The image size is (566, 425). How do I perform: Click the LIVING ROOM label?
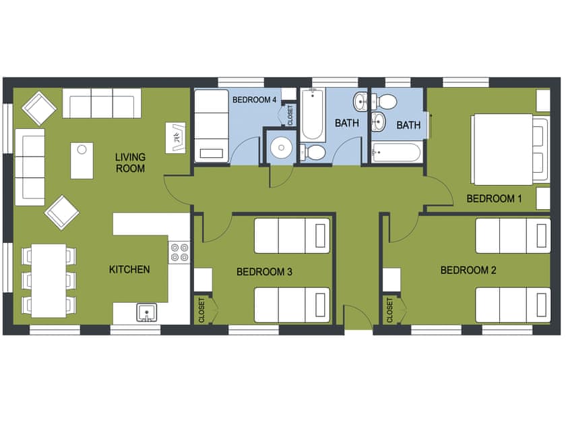130,163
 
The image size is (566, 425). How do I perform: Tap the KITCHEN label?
129,270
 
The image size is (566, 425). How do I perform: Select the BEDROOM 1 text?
495,198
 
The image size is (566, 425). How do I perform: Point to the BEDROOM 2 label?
468,271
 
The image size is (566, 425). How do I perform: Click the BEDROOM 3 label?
264,272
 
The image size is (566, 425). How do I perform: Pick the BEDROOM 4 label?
254,100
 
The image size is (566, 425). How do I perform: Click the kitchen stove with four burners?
180,252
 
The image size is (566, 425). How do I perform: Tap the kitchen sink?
146,313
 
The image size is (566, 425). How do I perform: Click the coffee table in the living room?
82,161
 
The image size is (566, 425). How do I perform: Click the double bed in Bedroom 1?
509,149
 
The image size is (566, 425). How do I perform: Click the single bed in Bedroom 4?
212,126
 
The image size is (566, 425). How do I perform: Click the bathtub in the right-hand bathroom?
397,152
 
